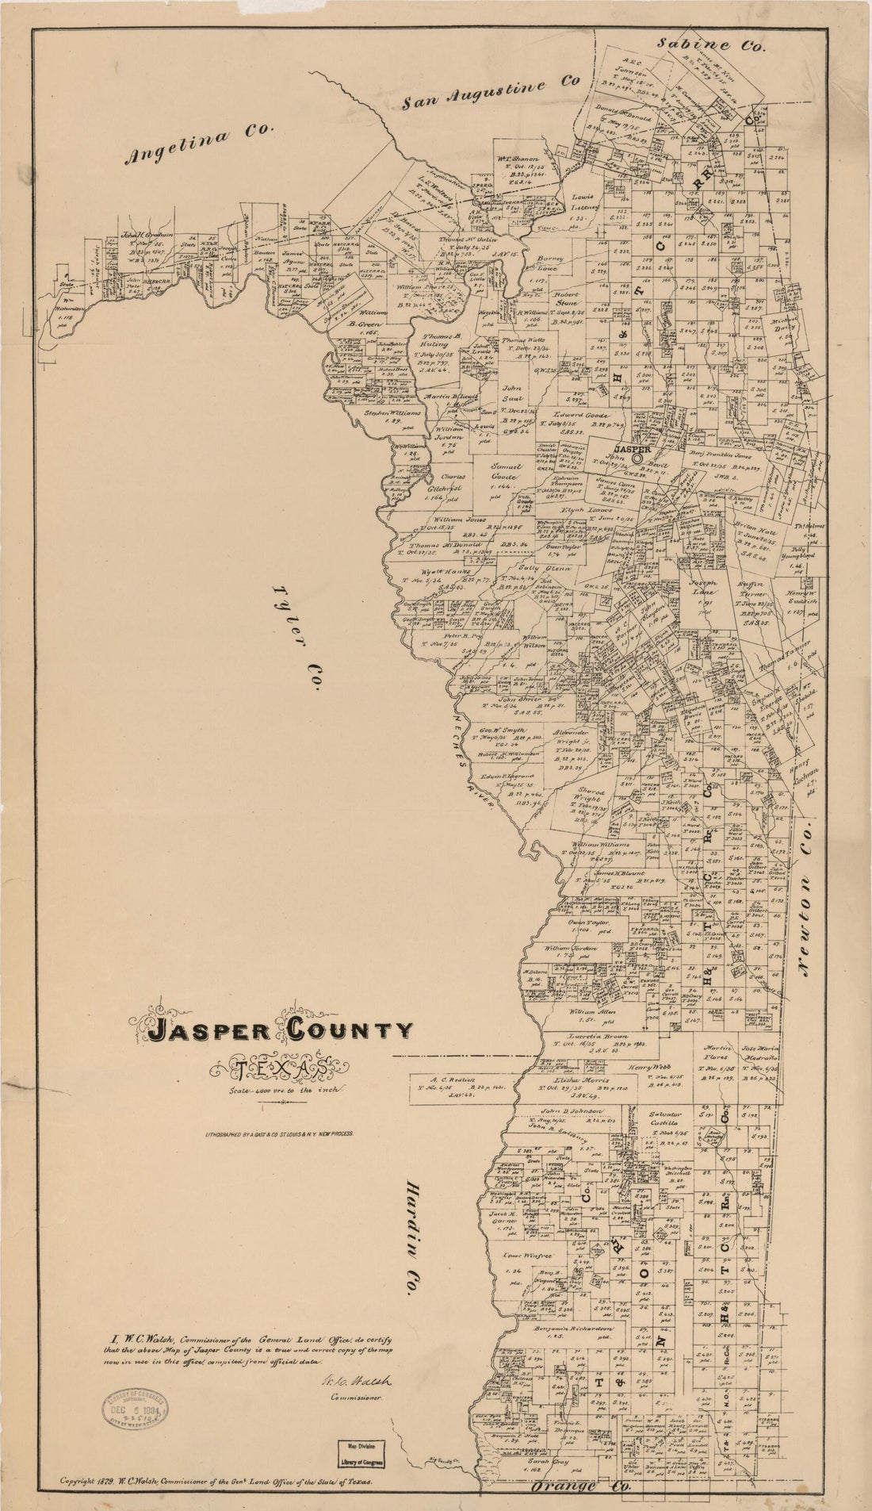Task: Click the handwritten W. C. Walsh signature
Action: [x=349, y=1382]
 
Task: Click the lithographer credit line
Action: [x=277, y=1134]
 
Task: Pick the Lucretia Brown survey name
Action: [x=601, y=1037]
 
